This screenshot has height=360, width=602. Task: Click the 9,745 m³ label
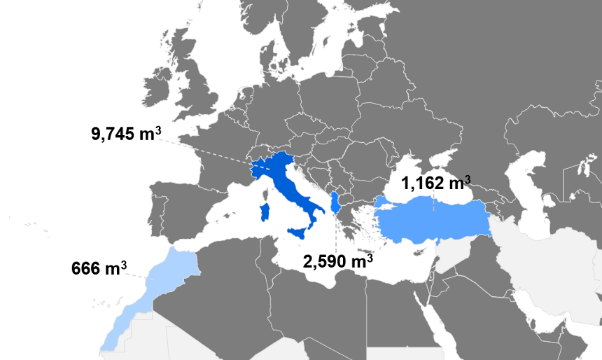[x=122, y=133]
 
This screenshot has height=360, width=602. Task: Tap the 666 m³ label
[x=99, y=268]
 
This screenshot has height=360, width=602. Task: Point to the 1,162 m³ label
[x=435, y=184]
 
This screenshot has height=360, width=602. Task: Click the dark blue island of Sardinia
[x=264, y=212]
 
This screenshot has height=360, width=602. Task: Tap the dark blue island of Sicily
[x=297, y=233]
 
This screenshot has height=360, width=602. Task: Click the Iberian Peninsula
[x=175, y=210]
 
